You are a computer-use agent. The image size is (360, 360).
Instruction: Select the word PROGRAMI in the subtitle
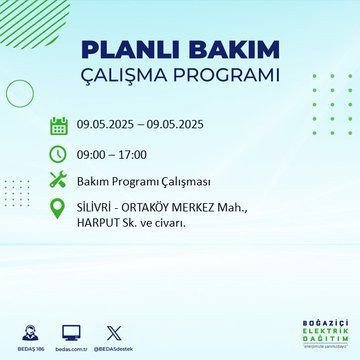click(x=227, y=76)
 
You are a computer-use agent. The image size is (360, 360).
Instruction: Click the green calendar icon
click(x=59, y=125)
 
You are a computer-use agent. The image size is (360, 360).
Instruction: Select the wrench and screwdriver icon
click(x=59, y=181)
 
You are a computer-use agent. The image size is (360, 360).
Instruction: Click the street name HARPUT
click(x=101, y=222)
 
